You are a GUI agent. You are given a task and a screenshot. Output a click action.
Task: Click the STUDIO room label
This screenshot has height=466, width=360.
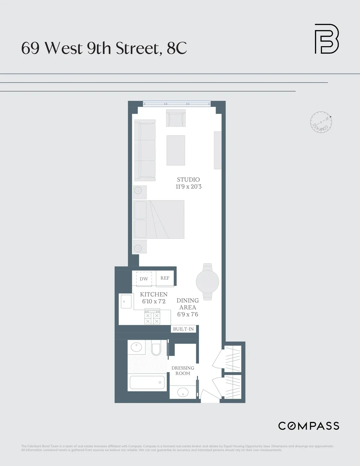(x=188, y=179)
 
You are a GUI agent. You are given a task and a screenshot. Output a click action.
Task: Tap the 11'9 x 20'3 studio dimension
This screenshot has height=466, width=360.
(x=188, y=187)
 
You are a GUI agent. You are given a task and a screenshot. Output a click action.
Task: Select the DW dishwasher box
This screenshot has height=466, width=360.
(x=144, y=279)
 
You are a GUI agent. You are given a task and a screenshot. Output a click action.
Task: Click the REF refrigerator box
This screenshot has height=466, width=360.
(x=165, y=278)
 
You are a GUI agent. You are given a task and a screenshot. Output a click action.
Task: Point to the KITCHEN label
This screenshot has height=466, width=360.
(x=154, y=294)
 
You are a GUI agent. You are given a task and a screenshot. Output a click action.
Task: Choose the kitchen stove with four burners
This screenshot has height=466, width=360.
(x=152, y=317)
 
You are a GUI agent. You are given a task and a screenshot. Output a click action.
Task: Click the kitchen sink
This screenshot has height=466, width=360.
(x=126, y=301)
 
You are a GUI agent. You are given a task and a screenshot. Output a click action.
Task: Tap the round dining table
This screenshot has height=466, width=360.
(x=207, y=281)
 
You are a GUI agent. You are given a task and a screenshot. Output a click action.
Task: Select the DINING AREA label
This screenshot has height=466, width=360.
(x=187, y=304)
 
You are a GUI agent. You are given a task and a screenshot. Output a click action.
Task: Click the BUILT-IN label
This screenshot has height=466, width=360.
(x=183, y=329)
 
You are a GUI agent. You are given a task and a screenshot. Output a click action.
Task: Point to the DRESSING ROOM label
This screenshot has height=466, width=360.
(x=183, y=371)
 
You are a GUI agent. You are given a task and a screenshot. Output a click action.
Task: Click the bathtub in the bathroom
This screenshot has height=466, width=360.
(x=147, y=382)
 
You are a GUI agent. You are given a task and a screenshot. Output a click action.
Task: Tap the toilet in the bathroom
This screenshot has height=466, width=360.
(x=156, y=348)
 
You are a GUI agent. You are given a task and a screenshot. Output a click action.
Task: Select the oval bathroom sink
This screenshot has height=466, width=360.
(x=136, y=347)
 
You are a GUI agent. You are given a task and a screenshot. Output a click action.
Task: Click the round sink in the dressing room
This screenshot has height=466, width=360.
(x=183, y=392)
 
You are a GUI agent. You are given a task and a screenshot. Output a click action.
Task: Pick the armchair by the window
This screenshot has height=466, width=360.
(x=176, y=118)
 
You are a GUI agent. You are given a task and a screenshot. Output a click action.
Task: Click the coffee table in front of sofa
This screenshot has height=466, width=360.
(x=175, y=150)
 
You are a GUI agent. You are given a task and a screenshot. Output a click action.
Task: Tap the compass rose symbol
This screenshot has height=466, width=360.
(x=321, y=122)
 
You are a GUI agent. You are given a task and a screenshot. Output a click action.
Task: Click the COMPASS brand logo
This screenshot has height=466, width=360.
(x=309, y=426)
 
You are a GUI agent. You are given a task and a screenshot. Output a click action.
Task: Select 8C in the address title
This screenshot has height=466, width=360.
(x=177, y=48)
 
